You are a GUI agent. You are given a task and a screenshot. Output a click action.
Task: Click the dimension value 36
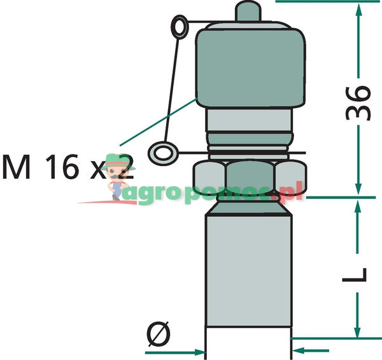(x=359, y=101)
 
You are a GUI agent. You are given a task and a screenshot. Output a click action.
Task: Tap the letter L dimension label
(x=360, y=274)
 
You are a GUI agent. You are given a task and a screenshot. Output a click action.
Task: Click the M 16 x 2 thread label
(x=67, y=167)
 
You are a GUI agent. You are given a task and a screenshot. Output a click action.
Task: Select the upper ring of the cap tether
(x=180, y=27)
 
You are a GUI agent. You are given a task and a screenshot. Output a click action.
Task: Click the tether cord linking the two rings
(x=171, y=89)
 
